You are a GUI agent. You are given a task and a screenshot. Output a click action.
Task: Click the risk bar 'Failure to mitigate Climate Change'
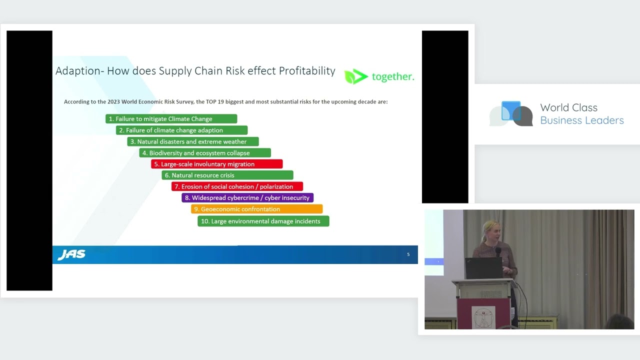(171, 118)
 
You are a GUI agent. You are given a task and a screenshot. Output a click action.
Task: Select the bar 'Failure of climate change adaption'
(181, 130)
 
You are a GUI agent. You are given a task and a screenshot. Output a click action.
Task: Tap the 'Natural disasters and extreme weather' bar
(193, 141)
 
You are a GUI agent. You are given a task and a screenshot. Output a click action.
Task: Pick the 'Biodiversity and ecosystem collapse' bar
(205, 153)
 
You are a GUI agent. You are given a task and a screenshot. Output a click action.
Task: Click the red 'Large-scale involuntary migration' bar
(217, 164)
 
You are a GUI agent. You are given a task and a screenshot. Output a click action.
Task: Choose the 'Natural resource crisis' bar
(227, 175)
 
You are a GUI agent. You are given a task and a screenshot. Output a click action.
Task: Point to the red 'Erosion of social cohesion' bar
(237, 186)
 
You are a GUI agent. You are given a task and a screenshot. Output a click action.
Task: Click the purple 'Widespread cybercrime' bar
(247, 197)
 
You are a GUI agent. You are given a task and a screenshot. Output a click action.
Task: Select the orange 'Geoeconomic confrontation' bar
(257, 209)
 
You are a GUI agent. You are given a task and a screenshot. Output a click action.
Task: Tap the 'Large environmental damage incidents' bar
(263, 221)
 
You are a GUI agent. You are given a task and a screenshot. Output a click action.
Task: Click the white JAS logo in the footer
(71, 254)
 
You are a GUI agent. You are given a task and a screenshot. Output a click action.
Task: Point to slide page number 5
(408, 254)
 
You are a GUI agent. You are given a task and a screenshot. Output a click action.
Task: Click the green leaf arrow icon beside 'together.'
(355, 76)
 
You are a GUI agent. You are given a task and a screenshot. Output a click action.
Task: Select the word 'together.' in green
(393, 76)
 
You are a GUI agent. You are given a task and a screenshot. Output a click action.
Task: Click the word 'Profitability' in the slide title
(307, 71)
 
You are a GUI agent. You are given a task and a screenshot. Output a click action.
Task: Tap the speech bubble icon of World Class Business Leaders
(511, 113)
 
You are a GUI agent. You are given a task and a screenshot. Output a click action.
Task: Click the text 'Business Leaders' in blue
(582, 120)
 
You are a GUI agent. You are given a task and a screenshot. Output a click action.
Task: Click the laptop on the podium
(483, 268)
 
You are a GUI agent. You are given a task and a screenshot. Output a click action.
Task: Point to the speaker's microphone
(498, 251)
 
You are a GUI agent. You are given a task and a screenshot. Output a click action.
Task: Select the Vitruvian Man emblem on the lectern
(483, 317)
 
